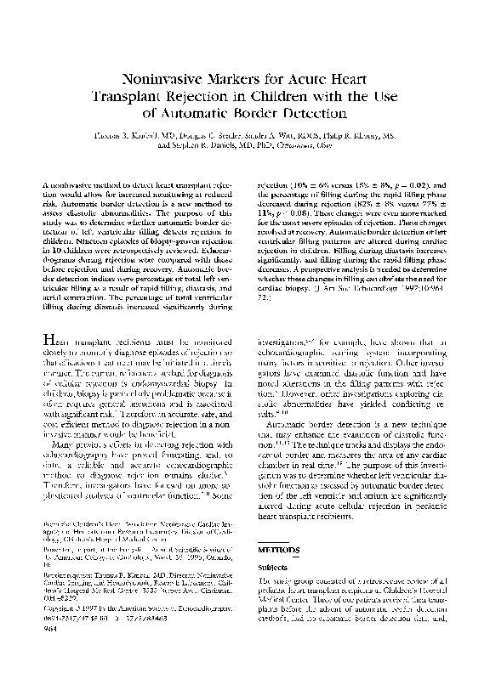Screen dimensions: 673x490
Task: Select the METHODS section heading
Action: [x=279, y=550]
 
